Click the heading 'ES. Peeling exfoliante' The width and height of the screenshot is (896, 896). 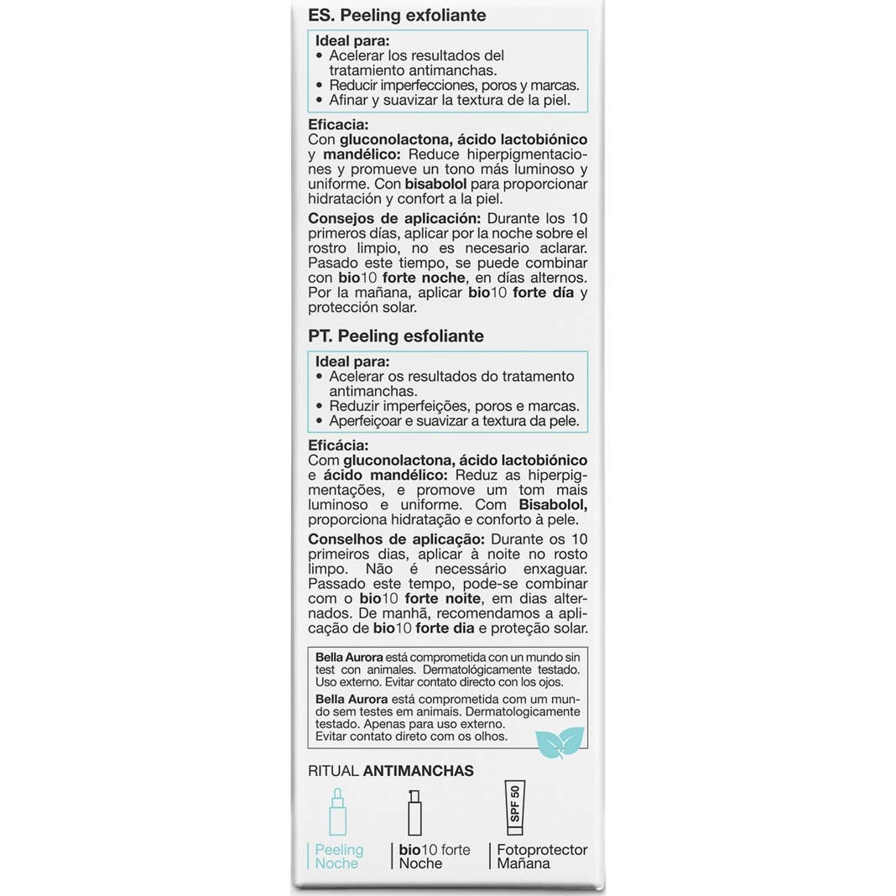397,16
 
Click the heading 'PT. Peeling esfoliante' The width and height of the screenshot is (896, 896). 396,336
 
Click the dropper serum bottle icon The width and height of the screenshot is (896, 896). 336,810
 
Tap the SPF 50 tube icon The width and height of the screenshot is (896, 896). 513,810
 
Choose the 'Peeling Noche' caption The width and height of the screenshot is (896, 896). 338,857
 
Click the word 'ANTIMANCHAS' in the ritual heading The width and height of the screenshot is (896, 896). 419,770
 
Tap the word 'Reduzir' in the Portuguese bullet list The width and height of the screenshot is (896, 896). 353,405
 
